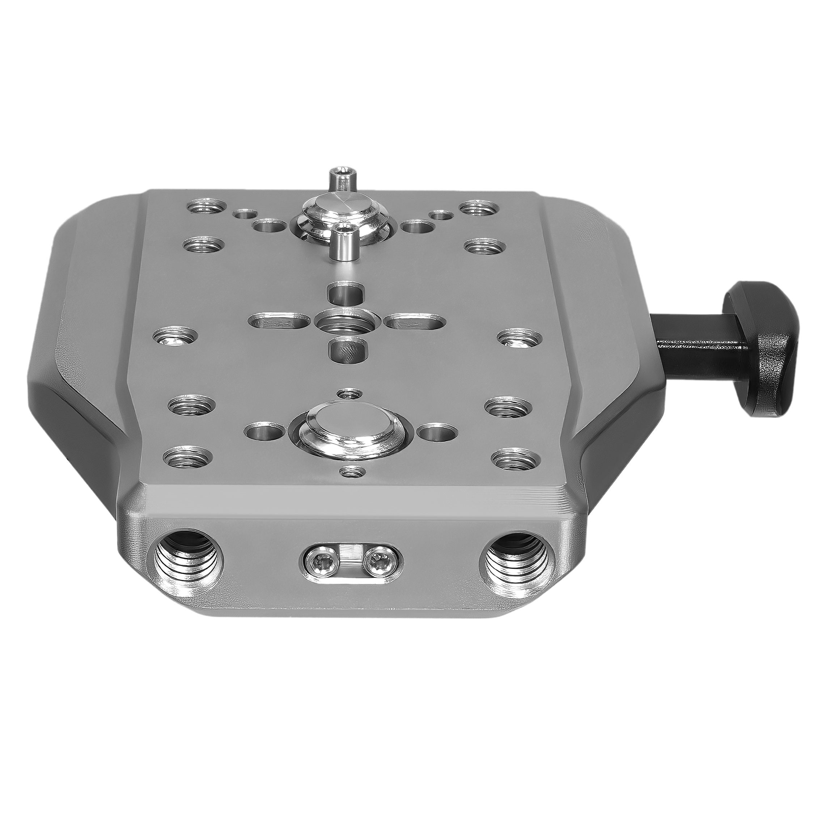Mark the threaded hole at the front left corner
[183, 457]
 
